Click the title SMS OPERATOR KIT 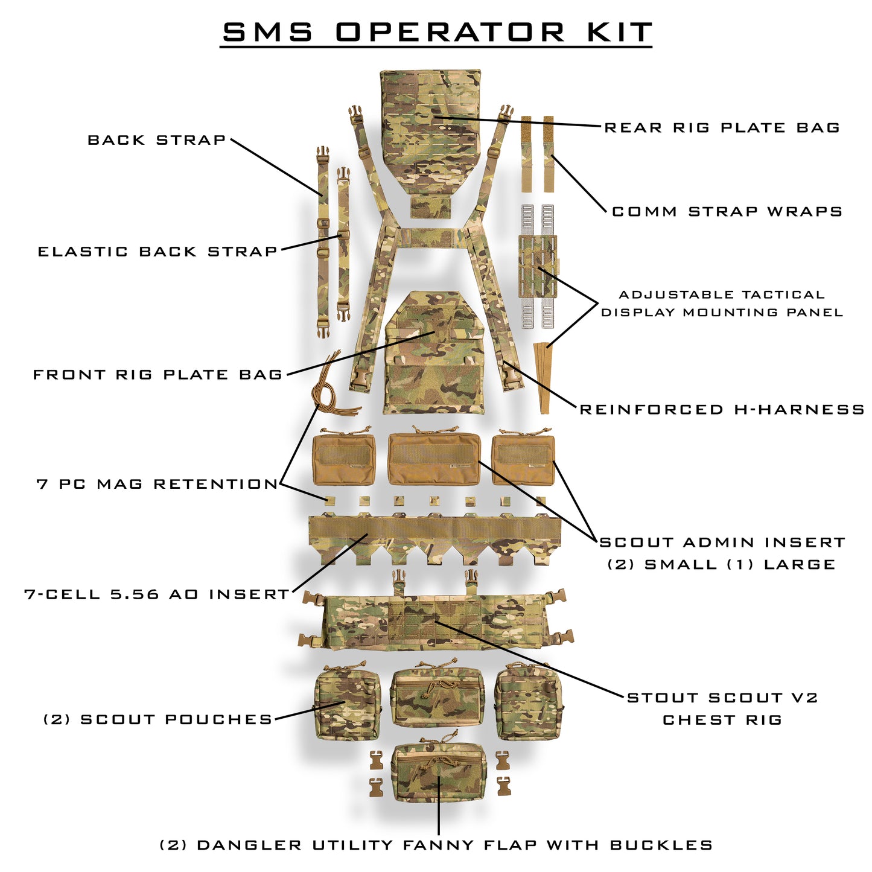click(x=436, y=32)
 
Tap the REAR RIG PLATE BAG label click(x=722, y=128)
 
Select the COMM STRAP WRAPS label click(x=727, y=212)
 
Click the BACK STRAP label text click(x=157, y=140)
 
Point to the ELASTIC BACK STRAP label click(x=158, y=252)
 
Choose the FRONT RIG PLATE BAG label click(x=158, y=375)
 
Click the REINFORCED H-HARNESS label click(x=722, y=410)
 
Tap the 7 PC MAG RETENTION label click(x=158, y=484)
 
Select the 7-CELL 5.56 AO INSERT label click(x=158, y=594)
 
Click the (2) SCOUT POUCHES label click(x=158, y=719)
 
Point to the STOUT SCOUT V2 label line click(x=722, y=698)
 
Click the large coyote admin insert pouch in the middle click(x=434, y=459)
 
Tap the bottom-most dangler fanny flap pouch click(x=439, y=775)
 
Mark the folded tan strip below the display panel click(x=545, y=377)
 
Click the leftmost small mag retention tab click(x=329, y=500)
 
